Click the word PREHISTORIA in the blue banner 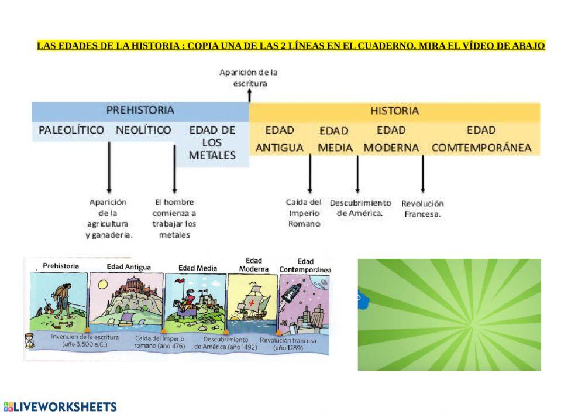pyautogui.click(x=140, y=110)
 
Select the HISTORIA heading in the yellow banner pyautogui.click(x=394, y=110)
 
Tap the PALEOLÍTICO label pyautogui.click(x=71, y=130)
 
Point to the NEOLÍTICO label pyautogui.click(x=143, y=130)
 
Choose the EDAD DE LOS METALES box pyautogui.click(x=212, y=142)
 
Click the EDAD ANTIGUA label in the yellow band pyautogui.click(x=280, y=139)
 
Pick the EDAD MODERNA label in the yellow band pyautogui.click(x=391, y=139)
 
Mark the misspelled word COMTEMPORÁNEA pyautogui.click(x=481, y=148)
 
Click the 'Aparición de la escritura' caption pyautogui.click(x=249, y=78)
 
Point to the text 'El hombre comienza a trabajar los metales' pyautogui.click(x=174, y=218)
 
